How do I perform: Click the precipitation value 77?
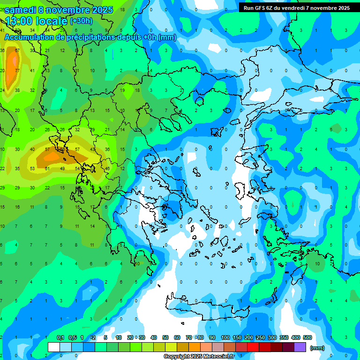[17, 71]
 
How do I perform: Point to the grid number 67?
[17, 51]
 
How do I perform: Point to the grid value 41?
[32, 71]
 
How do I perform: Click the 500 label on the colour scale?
[307, 338]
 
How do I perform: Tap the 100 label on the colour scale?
[225, 338]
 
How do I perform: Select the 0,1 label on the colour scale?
[60, 338]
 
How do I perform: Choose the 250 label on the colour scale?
[261, 338]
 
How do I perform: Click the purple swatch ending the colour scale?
[300, 347]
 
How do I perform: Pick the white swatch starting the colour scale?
[54, 347]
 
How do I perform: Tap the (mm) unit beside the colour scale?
[317, 348]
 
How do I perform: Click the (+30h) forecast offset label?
[82, 21]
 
